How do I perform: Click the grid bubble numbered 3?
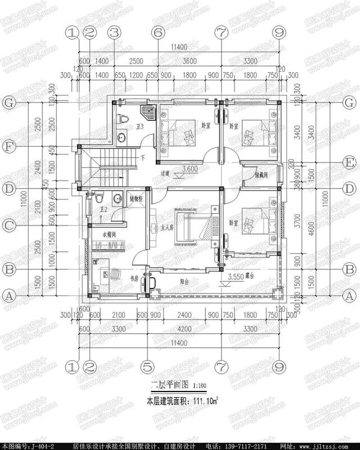pos(114,33)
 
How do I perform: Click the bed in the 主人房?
pos(194,227)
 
